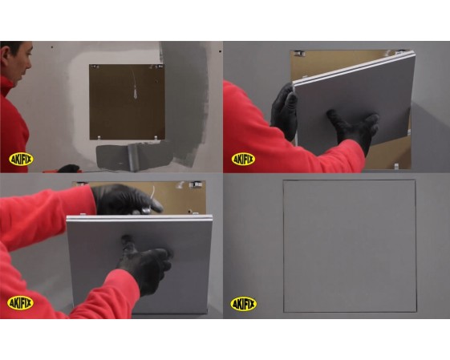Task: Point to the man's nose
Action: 29,64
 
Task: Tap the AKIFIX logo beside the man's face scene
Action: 21,160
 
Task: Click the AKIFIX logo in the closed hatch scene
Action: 243,304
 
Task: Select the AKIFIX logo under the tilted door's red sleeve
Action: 243,159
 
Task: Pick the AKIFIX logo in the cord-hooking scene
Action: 20,303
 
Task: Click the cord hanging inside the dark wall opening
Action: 134,85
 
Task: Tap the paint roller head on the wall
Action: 134,157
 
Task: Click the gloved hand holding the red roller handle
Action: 68,168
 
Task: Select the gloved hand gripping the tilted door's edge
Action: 285,112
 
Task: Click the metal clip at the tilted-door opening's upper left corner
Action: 298,53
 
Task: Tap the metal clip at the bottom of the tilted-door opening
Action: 396,166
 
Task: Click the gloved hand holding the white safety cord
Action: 126,200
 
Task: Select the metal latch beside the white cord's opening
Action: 195,184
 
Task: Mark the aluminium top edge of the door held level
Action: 140,218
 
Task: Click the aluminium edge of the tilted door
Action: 354,68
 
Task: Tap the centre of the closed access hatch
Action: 350,246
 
